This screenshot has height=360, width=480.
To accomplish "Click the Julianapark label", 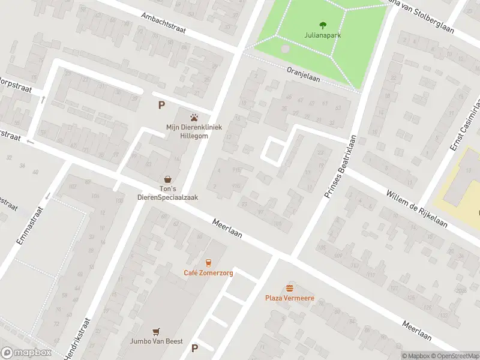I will pos(323,35).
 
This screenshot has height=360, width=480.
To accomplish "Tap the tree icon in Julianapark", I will pos(323,25).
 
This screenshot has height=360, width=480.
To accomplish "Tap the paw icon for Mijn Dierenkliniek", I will pos(193,118).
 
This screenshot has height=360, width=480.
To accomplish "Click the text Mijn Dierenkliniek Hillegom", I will pos(193,131).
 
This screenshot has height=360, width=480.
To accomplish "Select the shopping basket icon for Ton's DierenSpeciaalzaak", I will pos(169,179).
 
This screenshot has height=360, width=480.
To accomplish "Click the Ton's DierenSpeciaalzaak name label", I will pos(169,193).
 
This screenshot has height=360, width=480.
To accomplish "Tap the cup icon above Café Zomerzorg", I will pos(208,262).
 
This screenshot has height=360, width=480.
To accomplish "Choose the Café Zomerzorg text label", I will pos(208,273).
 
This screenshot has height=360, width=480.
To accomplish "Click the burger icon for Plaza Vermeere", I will pos(290,287).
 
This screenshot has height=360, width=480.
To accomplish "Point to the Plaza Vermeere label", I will pos(290,298).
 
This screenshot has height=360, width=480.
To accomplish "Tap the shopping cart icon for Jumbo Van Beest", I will pos(157,331).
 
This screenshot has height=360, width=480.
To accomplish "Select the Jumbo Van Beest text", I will pos(157,341).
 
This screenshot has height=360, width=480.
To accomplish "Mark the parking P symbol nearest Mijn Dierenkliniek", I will pos(161,105).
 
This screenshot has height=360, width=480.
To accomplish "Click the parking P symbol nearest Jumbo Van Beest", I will pos(194,348).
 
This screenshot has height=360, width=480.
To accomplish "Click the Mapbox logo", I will pos(26,353).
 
